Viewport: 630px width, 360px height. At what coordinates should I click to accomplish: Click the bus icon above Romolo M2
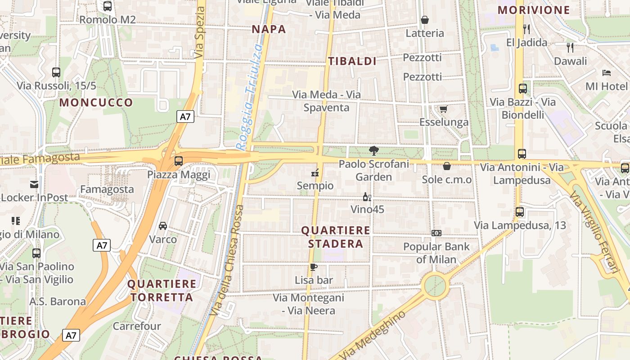pyautogui.click(x=107, y=6)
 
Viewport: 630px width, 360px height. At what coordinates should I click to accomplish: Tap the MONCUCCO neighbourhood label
pyautogui.click(x=96, y=103)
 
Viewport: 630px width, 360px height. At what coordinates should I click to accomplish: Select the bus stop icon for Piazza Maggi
pyautogui.click(x=179, y=161)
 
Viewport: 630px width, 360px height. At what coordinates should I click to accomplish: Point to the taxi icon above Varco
pyautogui.click(x=163, y=226)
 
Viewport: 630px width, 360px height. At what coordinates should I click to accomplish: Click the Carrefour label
pyautogui.click(x=137, y=326)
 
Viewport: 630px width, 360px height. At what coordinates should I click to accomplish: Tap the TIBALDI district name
pyautogui.click(x=352, y=62)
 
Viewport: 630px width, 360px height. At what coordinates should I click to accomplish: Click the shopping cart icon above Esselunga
pyautogui.click(x=443, y=109)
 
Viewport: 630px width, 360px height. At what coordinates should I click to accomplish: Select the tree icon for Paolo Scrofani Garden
pyautogui.click(x=373, y=151)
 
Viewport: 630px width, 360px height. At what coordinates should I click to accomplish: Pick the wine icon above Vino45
pyautogui.click(x=367, y=197)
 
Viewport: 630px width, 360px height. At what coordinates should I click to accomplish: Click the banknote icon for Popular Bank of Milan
pyautogui.click(x=436, y=233)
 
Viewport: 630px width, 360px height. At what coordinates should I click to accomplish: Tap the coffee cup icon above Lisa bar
pyautogui.click(x=314, y=267)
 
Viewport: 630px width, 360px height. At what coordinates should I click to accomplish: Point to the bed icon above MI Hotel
pyautogui.click(x=606, y=72)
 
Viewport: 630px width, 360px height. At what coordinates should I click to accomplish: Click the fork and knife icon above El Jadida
pyautogui.click(x=526, y=29)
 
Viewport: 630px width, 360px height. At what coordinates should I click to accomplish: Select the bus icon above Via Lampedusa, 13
pyautogui.click(x=520, y=211)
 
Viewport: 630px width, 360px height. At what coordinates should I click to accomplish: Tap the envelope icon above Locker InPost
pyautogui.click(x=34, y=184)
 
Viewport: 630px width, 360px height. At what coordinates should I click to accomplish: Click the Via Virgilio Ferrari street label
pyautogui.click(x=594, y=232)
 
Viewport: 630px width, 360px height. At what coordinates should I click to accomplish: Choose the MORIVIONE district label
pyautogui.click(x=533, y=10)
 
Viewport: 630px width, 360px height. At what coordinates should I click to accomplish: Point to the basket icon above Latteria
pyautogui.click(x=424, y=20)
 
